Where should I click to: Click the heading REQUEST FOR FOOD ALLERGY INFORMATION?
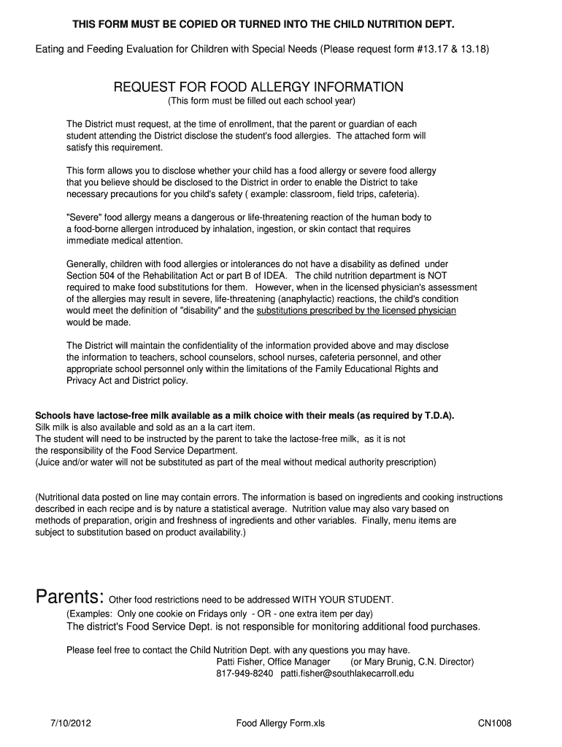click(258, 88)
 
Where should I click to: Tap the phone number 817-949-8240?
click(245, 673)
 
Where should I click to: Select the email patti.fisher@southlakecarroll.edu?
click(347, 673)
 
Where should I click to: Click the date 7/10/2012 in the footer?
click(71, 724)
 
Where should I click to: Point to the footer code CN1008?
click(495, 724)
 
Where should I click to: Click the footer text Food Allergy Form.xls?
click(280, 724)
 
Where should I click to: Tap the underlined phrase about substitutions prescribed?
click(356, 310)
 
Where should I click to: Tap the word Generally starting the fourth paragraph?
click(89, 263)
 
